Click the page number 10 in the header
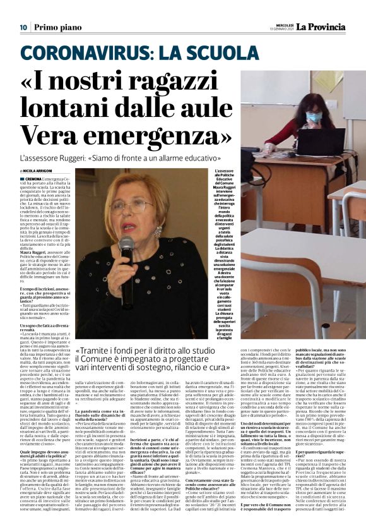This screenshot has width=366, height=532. (22, 27)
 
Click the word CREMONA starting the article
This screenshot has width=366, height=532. (32, 179)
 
